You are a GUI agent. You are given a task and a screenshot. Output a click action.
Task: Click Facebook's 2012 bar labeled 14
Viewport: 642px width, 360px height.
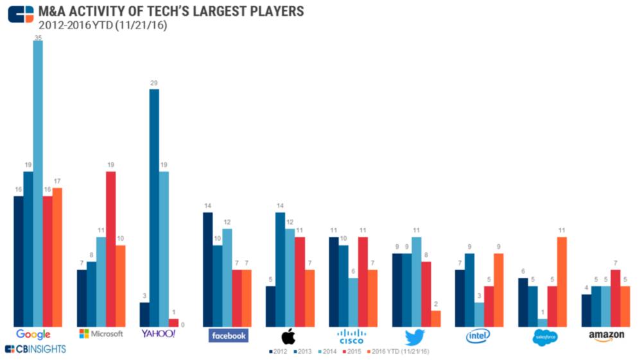point(207,269)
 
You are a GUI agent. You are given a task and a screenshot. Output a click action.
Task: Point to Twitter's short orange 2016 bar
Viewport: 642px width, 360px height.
point(436,318)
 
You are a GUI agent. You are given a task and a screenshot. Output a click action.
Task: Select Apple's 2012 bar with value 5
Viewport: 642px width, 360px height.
point(270,306)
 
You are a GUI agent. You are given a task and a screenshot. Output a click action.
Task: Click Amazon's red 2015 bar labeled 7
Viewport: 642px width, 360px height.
point(615,298)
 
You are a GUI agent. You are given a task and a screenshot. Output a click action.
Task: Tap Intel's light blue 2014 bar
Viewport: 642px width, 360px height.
point(479,314)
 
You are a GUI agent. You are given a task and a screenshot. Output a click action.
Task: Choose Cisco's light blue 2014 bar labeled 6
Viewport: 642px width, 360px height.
point(353,302)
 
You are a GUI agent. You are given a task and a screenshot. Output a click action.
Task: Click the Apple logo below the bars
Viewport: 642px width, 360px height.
point(288,336)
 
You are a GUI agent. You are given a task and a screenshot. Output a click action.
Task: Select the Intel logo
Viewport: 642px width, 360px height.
point(478,335)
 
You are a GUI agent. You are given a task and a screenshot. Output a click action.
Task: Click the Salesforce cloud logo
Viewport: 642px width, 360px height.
point(545,337)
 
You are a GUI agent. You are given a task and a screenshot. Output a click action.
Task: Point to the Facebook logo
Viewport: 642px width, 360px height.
point(229,335)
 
